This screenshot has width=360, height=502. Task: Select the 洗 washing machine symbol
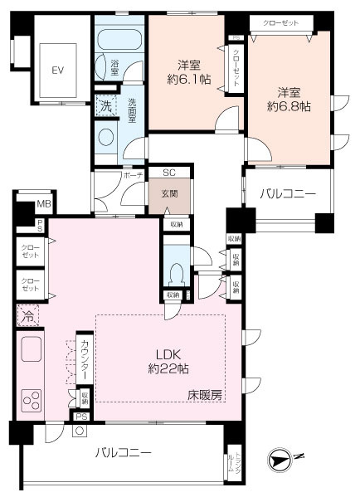pyautogui.click(x=105, y=105)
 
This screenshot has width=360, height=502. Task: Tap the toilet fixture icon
pyautogui.click(x=175, y=272)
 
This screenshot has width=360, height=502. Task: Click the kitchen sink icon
pyautogui.click(x=32, y=352)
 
